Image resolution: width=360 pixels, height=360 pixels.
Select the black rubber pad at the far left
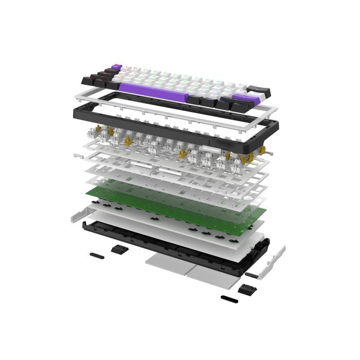[96, 255]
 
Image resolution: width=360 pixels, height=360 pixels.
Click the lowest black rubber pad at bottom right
[229, 298]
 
